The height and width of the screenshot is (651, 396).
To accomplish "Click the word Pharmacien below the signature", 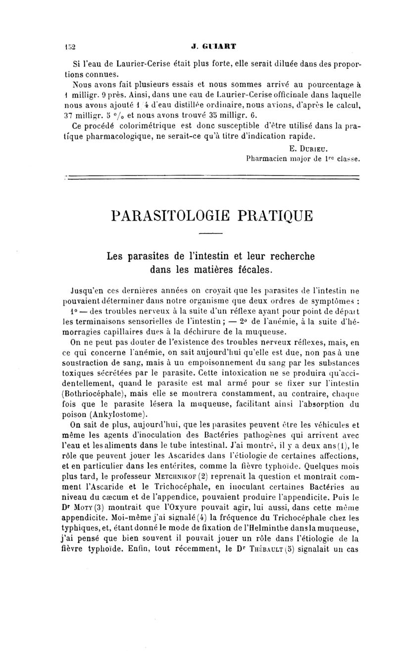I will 266,159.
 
